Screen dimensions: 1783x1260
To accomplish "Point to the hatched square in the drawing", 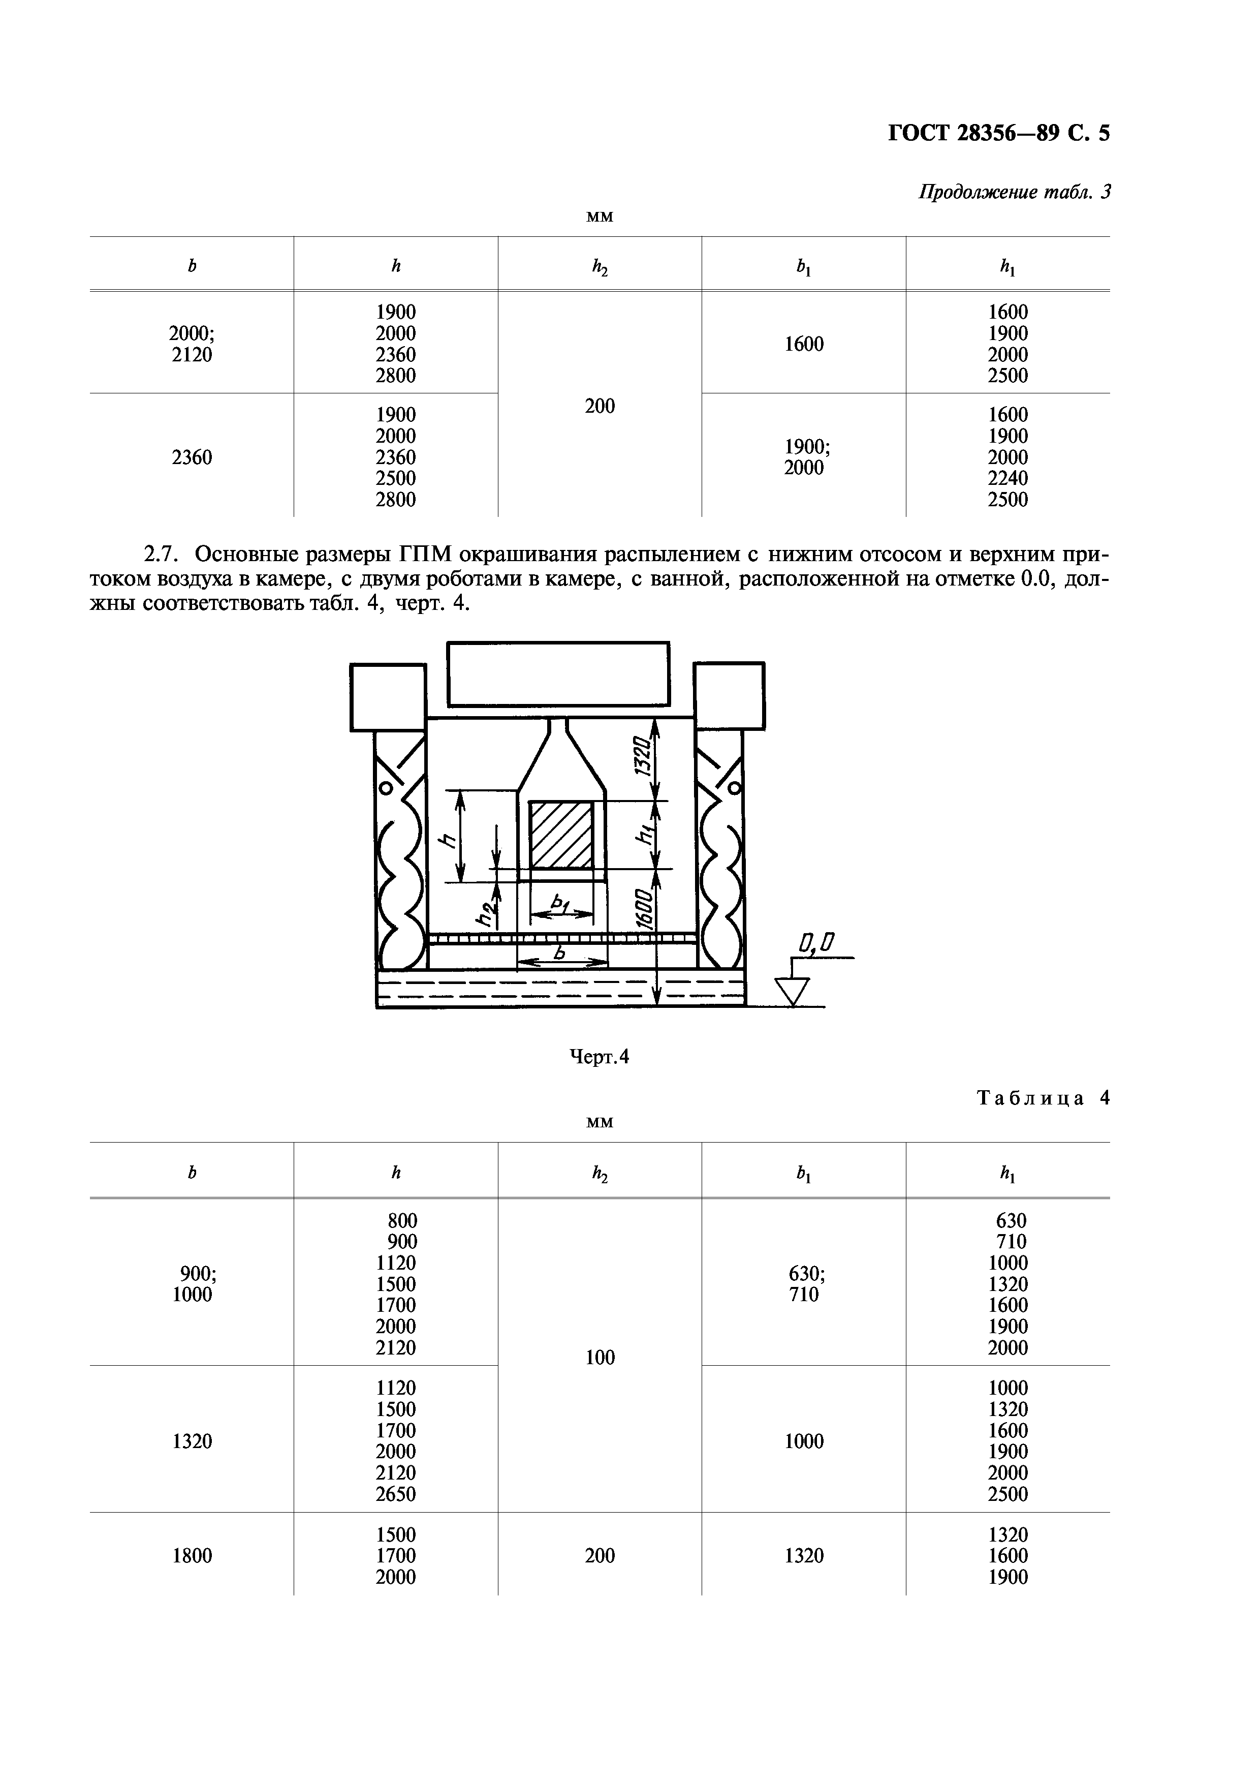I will tap(560, 835).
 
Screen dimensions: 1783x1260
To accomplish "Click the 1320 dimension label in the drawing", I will tap(641, 757).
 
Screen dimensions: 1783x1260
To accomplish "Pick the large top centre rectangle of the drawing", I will tap(558, 674).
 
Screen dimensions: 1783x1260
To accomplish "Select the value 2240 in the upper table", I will tap(1007, 478).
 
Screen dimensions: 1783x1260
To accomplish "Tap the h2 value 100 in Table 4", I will tap(600, 1357).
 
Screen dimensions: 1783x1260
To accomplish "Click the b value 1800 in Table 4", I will tap(192, 1555).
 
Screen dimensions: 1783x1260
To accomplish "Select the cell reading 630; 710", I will tap(804, 1284).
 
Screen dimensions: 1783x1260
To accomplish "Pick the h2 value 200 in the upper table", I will tap(600, 406).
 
